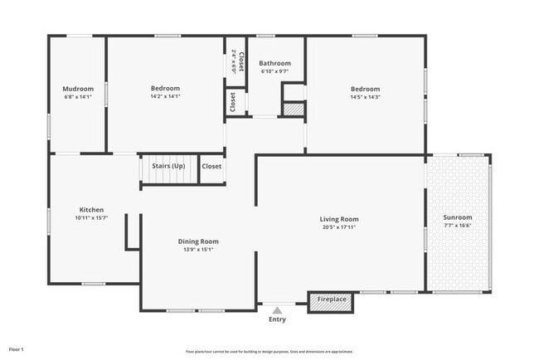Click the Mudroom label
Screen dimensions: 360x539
click(x=78, y=89)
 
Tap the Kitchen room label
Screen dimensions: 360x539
click(x=91, y=210)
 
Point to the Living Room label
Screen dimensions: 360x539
click(x=339, y=219)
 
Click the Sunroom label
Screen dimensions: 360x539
click(x=458, y=217)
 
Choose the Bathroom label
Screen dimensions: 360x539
click(x=274, y=63)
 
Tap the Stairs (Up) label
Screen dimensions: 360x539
click(x=168, y=166)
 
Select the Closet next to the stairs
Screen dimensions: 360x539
click(x=211, y=166)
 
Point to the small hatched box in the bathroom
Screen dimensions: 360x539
click(x=294, y=109)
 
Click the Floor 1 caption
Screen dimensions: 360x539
click(x=17, y=349)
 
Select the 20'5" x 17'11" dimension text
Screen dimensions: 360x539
click(x=339, y=227)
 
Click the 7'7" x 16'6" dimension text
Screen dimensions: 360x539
click(x=458, y=226)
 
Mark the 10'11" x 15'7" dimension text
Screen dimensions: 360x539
click(x=91, y=218)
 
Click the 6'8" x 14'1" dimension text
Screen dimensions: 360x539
click(x=78, y=97)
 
